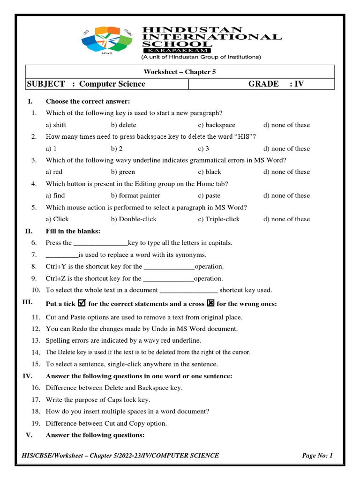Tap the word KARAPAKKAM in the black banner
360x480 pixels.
(177, 50)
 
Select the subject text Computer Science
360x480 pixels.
(112, 84)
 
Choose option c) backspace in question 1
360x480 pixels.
(217, 125)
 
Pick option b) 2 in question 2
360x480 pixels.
(117, 149)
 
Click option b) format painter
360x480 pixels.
(135, 195)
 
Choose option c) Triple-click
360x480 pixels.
(218, 219)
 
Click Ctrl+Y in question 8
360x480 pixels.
(56, 266)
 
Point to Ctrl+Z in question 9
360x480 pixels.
(56, 278)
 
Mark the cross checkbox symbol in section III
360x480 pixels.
(210, 303)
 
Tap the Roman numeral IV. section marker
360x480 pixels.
(27, 376)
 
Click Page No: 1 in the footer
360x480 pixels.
(317, 455)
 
